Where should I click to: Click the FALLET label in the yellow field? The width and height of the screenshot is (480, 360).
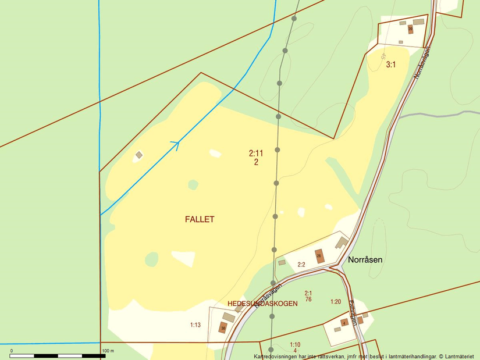[200, 219]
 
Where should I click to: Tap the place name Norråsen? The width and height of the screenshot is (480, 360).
[365, 260]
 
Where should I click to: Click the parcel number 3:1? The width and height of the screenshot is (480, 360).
[391, 65]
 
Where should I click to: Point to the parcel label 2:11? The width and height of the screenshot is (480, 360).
[256, 154]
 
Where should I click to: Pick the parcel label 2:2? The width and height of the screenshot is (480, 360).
[301, 265]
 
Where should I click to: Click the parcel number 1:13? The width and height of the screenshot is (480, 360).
[195, 325]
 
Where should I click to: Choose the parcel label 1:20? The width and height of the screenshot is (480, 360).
[335, 301]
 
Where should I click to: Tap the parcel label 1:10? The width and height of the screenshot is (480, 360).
[295, 344]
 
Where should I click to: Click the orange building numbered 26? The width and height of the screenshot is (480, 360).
[319, 256]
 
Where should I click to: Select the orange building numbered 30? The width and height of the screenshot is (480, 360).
[223, 327]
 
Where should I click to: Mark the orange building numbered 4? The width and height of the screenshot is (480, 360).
[344, 323]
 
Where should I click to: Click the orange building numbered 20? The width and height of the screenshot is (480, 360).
[410, 28]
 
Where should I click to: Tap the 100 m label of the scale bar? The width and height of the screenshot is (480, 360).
[108, 351]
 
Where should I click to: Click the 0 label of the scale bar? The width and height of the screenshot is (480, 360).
[11, 351]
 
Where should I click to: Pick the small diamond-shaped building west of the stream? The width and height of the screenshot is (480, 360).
[139, 155]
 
